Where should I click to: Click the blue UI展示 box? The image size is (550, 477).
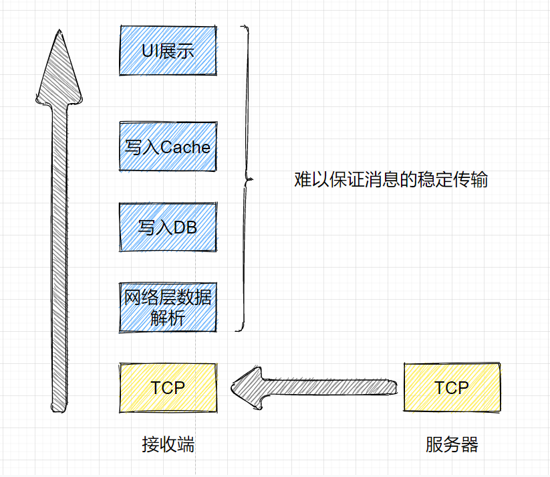pyautogui.click(x=168, y=50)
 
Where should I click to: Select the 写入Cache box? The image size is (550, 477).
pyautogui.click(x=168, y=147)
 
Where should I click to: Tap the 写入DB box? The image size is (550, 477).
pyautogui.click(x=168, y=227)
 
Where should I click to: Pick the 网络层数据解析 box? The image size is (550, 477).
pyautogui.click(x=168, y=306)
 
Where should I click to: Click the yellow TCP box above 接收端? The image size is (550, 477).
pyautogui.click(x=168, y=387)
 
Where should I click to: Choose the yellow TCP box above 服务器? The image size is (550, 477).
pyautogui.click(x=452, y=387)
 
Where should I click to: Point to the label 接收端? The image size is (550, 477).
pyautogui.click(x=168, y=445)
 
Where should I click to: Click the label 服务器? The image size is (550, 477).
pyautogui.click(x=452, y=445)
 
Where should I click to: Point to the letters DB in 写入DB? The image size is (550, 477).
pyautogui.click(x=185, y=227)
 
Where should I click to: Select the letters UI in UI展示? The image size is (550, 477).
pyautogui.click(x=149, y=51)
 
